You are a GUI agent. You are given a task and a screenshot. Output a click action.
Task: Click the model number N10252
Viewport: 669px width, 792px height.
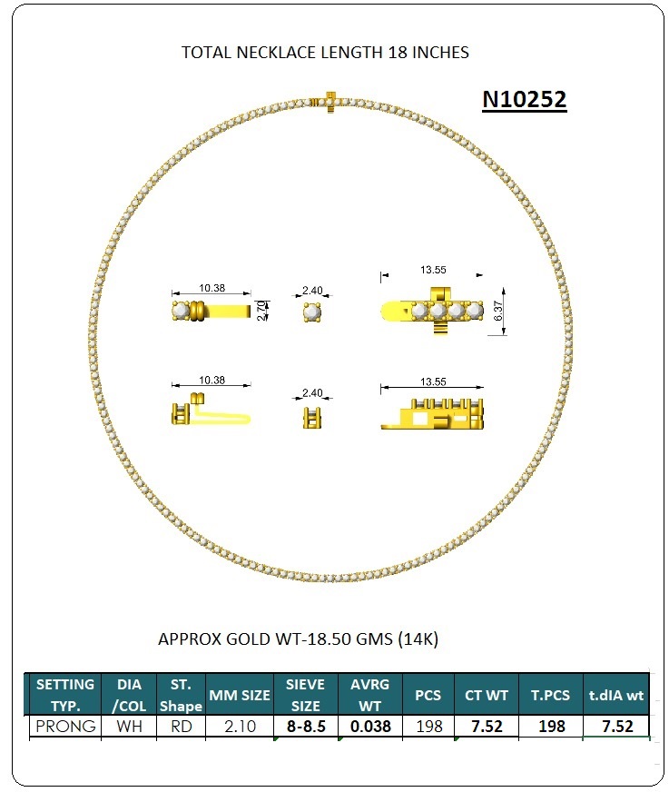point(524,99)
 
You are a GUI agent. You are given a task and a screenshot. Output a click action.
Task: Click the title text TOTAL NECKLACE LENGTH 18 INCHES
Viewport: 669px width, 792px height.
point(325,53)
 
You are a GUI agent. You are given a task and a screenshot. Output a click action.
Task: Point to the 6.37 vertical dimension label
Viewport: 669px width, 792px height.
point(498,311)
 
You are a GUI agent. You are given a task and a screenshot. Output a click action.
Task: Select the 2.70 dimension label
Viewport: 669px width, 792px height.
point(261,311)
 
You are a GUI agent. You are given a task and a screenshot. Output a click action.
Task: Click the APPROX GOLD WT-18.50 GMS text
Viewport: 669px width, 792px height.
point(298,639)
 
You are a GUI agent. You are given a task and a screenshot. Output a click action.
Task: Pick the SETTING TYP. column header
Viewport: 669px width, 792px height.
point(65,695)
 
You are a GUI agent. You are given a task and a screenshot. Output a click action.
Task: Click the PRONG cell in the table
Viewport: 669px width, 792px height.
point(65,727)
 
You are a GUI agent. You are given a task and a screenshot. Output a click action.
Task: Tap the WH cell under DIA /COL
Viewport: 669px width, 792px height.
point(129,727)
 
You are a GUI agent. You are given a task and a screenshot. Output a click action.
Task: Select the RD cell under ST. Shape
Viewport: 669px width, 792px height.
point(181,727)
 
